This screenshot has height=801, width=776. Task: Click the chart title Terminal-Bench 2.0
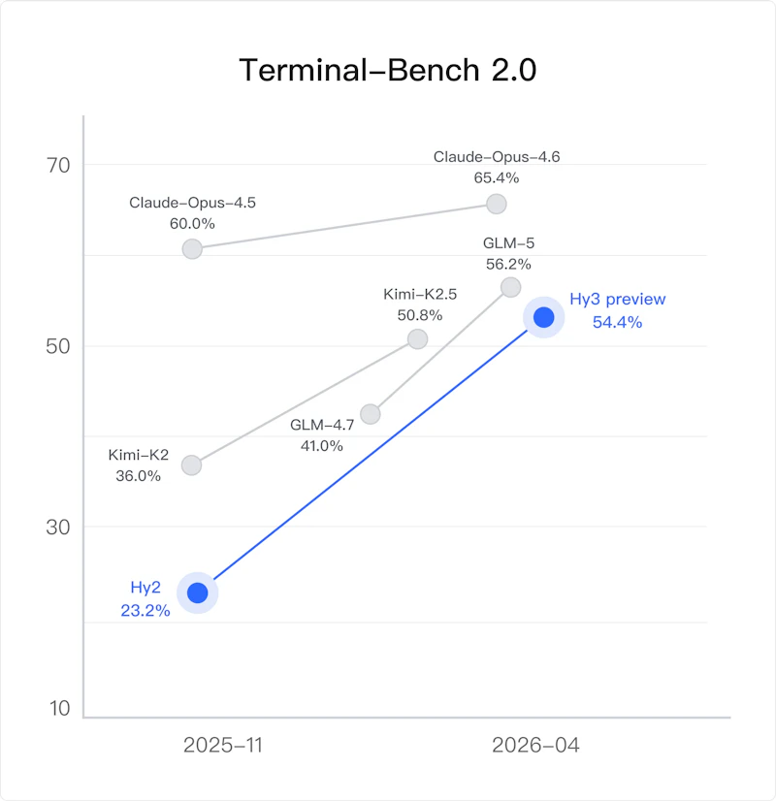pyautogui.click(x=388, y=70)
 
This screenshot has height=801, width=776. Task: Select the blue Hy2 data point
pyautogui.click(x=197, y=593)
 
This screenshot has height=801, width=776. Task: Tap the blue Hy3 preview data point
pyautogui.click(x=543, y=317)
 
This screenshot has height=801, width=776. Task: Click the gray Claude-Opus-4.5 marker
pyautogui.click(x=192, y=249)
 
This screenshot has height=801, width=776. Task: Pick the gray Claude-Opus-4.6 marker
pyautogui.click(x=496, y=204)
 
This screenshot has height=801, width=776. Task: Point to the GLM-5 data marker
pyautogui.click(x=510, y=288)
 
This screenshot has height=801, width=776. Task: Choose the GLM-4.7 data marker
pyautogui.click(x=371, y=414)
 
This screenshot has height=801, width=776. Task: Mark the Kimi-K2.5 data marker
pyautogui.click(x=417, y=338)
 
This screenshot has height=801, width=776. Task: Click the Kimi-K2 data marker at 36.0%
pyautogui.click(x=191, y=465)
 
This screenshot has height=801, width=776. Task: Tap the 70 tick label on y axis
pyautogui.click(x=58, y=166)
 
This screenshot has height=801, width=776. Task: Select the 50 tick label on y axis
pyautogui.click(x=58, y=346)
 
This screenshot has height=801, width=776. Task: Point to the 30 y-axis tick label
pyautogui.click(x=58, y=528)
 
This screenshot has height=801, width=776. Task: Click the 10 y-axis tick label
pyautogui.click(x=59, y=709)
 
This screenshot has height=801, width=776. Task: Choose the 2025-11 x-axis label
pyautogui.click(x=223, y=746)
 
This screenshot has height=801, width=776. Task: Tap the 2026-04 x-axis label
pyautogui.click(x=535, y=746)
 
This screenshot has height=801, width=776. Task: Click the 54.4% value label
pyautogui.click(x=617, y=322)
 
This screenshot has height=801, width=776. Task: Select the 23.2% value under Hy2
pyautogui.click(x=145, y=610)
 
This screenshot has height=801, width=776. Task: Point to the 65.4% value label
pyautogui.click(x=496, y=177)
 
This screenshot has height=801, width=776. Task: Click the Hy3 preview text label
pyautogui.click(x=618, y=299)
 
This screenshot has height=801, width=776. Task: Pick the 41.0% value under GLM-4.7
pyautogui.click(x=321, y=446)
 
